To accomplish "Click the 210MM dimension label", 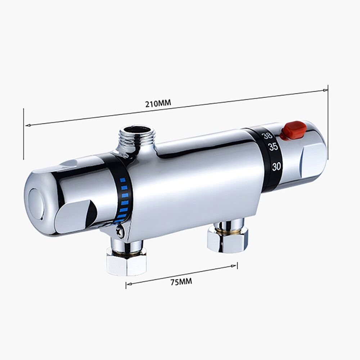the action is coord(158,103).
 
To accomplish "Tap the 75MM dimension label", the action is coord(181,282).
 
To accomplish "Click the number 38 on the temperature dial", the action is coord(268,136).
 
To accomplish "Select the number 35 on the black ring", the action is coord(273,147).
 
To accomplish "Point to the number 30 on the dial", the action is coord(276,166).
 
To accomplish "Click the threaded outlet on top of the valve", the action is coord(137,137).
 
